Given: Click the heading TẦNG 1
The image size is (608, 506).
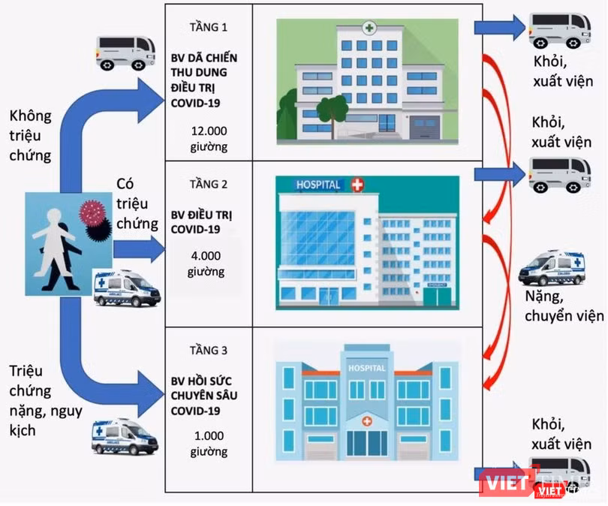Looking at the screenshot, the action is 208,28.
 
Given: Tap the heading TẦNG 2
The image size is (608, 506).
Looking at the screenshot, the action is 208,184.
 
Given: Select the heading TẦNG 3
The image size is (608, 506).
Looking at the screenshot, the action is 208,351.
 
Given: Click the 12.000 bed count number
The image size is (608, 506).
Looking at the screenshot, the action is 209,131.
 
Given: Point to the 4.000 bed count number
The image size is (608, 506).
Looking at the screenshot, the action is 206,256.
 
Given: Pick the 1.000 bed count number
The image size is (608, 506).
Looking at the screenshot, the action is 209,436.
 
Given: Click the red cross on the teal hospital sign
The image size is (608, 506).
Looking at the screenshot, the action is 357,185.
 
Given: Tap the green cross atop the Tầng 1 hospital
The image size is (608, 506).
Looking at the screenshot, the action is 369,28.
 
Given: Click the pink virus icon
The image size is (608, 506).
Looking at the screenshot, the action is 92,213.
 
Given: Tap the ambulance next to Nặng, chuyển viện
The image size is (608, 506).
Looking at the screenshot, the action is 552,268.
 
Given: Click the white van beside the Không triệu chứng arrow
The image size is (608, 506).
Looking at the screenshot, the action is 125,53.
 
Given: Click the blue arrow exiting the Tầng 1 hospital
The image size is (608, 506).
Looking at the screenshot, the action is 500,28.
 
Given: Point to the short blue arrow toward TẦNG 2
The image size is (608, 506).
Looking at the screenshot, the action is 139,249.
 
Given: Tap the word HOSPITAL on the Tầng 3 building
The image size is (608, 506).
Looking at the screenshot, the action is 367,368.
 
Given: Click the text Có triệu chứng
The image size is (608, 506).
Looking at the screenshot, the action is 137,203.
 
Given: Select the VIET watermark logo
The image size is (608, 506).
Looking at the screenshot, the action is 504,483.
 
